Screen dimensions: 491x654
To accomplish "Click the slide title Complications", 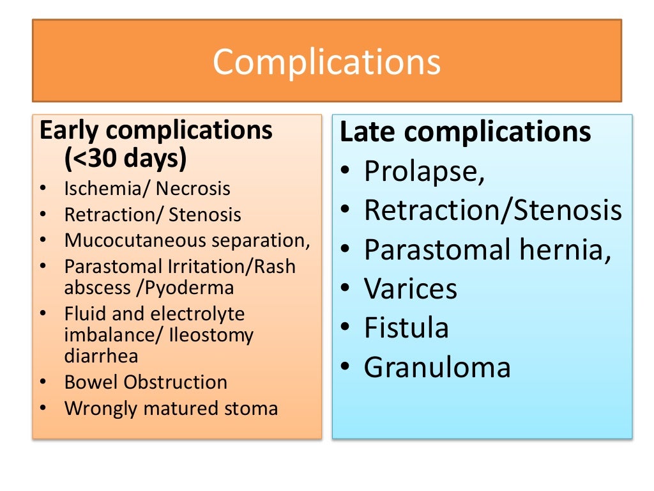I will click(326, 62).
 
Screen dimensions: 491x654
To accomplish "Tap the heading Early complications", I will click(156, 130).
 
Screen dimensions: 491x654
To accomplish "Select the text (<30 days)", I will click(126, 158).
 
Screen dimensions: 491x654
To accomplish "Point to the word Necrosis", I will click(193, 189).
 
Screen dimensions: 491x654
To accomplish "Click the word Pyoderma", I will click(190, 288).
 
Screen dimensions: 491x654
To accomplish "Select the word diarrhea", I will click(101, 355).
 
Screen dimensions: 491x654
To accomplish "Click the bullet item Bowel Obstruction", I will click(146, 382).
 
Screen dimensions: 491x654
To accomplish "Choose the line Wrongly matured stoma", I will click(171, 409).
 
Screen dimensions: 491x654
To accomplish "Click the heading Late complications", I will click(466, 132).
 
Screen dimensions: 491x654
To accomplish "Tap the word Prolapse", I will click(422, 171).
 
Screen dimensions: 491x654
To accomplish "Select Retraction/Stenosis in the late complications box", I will click(492, 210).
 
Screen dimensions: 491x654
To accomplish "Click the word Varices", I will click(411, 289).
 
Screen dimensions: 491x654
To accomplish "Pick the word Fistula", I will click(406, 328).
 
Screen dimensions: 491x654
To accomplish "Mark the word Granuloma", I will click(437, 367).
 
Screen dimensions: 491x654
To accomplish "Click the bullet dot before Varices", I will click(345, 290).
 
